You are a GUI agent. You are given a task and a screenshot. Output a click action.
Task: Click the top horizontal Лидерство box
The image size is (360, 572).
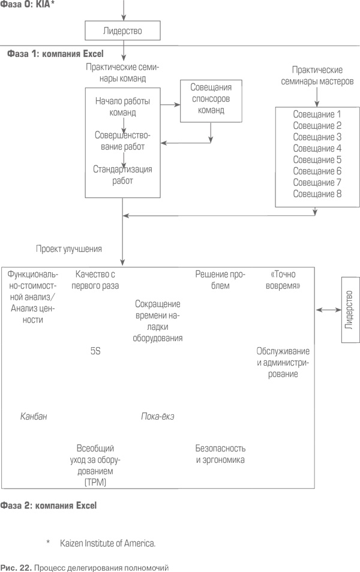tap(123, 29)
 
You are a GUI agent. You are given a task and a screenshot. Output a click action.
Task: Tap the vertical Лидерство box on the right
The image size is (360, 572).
tap(350, 310)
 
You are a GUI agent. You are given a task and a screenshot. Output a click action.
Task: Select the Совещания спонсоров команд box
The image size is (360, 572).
tap(211, 100)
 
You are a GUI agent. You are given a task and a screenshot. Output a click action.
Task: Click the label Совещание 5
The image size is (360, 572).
tap(317, 159)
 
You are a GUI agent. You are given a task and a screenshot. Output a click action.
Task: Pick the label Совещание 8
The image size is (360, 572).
tap(317, 194)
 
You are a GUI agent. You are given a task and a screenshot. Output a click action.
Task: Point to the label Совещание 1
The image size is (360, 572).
tap(317, 114)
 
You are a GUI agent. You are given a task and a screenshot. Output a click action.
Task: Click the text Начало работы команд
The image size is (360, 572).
tap(123, 106)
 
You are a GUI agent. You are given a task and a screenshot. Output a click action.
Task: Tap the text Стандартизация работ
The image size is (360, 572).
tap(123, 174)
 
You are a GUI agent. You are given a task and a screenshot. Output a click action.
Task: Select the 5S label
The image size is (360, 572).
tap(95, 351)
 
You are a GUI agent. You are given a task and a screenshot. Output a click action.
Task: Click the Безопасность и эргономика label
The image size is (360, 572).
tap(220, 454)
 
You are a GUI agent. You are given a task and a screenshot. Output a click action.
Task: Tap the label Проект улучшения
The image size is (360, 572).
tap(68, 248)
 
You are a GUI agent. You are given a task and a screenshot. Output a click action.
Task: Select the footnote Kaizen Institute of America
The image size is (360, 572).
tap(107, 543)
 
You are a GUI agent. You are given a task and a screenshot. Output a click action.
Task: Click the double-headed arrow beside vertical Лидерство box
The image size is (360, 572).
tap(328, 309)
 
